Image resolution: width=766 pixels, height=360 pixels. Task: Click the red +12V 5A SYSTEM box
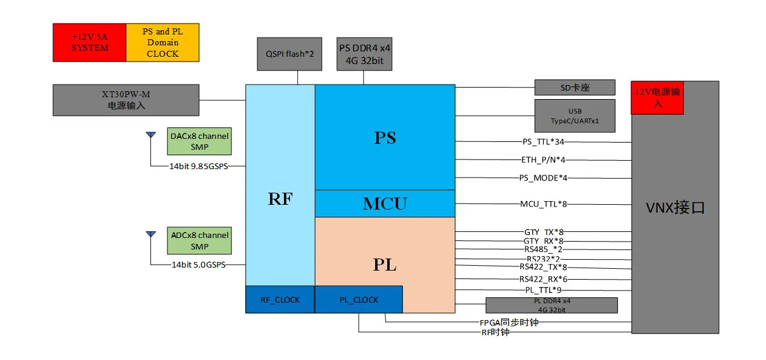[89, 42]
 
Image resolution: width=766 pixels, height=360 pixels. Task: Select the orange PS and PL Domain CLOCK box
[163, 42]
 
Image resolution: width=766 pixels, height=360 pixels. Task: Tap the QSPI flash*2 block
[290, 54]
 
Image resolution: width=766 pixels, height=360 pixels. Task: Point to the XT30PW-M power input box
[126, 100]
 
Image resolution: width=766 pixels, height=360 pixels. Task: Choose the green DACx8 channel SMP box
[199, 142]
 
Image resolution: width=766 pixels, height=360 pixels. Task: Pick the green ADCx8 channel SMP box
[199, 240]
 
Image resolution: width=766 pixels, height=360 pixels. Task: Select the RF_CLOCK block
[280, 300]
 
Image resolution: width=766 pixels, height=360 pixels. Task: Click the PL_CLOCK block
[358, 300]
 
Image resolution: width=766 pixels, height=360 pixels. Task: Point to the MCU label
[385, 204]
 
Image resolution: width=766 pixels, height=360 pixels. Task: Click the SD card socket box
[574, 88]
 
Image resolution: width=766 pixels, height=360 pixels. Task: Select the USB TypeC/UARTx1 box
[574, 116]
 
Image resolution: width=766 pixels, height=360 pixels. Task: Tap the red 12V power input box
[657, 98]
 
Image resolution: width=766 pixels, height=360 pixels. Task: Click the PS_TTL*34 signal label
[544, 142]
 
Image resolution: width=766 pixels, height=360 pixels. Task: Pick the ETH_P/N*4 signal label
[544, 160]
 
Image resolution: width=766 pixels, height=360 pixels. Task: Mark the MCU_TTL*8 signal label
[544, 204]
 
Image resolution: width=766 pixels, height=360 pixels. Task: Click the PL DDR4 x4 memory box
[551, 305]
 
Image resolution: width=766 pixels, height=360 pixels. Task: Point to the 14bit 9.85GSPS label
[199, 166]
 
